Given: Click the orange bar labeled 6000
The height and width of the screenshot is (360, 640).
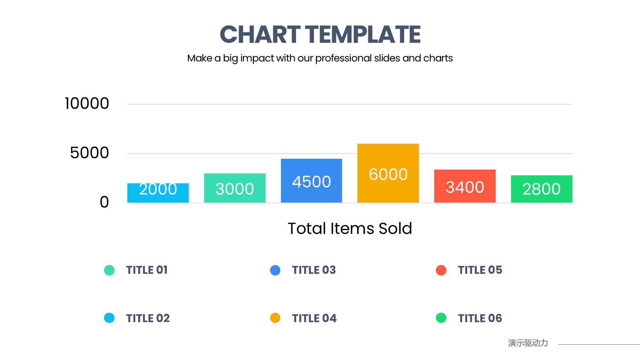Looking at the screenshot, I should [388, 173].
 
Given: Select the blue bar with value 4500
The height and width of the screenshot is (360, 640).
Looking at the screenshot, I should [311, 180].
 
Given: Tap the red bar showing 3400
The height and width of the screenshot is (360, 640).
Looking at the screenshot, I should [465, 186].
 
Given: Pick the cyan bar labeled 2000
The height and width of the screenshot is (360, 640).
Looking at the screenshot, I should [158, 193].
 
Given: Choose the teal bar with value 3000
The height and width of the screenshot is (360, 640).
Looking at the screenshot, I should [235, 188].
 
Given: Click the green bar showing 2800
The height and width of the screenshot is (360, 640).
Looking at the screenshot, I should [541, 189].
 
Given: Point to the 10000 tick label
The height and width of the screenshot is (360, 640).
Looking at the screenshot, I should [87, 103].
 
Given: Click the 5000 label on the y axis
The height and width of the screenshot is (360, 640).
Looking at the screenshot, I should [89, 153].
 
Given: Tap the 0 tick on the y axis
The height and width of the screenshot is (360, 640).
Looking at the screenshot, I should [104, 202].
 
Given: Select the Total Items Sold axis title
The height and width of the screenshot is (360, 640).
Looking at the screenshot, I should [350, 228].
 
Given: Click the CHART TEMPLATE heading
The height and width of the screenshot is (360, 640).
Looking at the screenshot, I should [320, 35].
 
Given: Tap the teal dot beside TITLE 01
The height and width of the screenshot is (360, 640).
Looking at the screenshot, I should [109, 270].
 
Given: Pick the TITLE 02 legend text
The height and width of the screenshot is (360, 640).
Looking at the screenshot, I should [148, 318].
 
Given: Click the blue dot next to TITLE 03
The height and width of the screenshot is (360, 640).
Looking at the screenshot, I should [275, 270].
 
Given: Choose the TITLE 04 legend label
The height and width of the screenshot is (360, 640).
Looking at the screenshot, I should [314, 318].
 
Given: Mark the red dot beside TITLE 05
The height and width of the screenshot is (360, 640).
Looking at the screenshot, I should [441, 270].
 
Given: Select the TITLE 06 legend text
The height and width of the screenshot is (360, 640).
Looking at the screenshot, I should [480, 318].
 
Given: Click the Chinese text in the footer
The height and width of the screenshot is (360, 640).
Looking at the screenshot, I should [528, 343].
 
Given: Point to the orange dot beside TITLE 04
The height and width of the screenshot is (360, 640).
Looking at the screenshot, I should [275, 318].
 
